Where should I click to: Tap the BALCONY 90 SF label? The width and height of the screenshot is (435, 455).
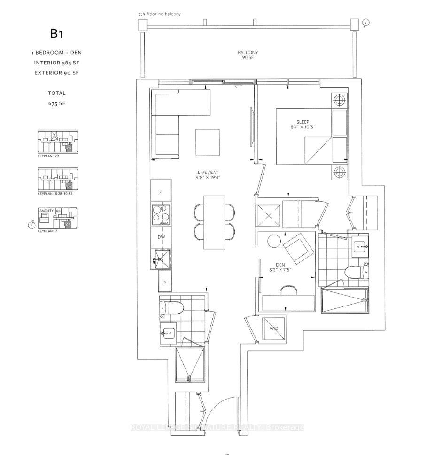(x=248, y=55)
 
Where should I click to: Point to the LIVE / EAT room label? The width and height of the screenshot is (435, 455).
(x=207, y=174)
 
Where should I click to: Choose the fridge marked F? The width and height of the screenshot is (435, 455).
(x=161, y=192)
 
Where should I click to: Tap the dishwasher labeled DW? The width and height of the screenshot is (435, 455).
(x=161, y=238)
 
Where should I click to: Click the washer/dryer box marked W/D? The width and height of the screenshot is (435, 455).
(x=274, y=328)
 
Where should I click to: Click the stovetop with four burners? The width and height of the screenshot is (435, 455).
(x=161, y=214)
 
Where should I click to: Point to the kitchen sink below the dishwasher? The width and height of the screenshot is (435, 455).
(x=161, y=259)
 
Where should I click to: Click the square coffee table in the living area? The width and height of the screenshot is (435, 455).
(x=208, y=142)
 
